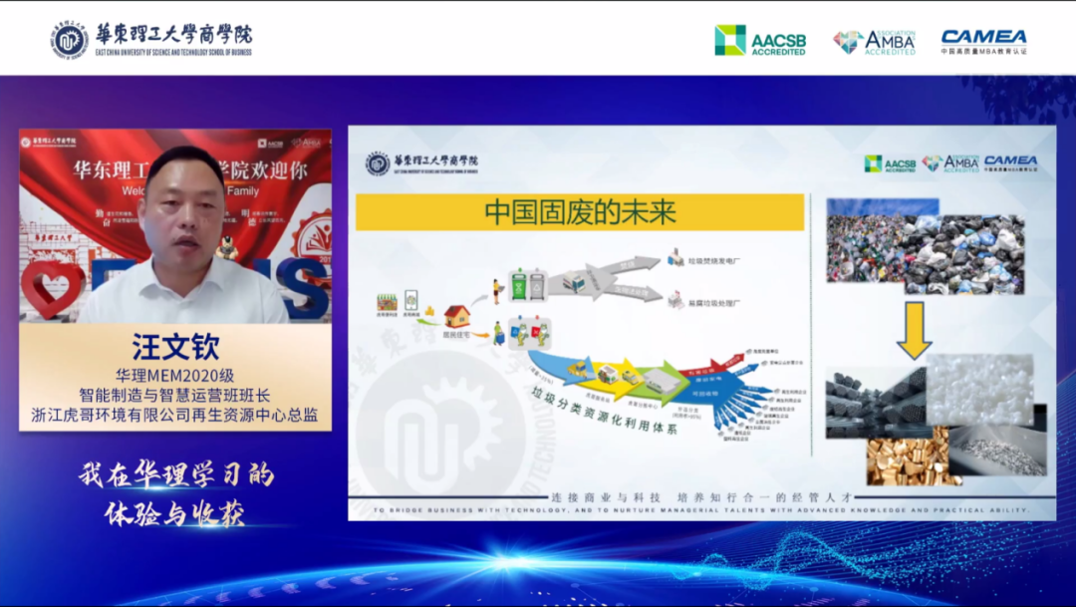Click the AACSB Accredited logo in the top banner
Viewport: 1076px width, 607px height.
[760, 40]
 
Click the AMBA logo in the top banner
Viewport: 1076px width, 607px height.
[874, 41]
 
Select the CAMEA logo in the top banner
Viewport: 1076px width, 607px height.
[983, 40]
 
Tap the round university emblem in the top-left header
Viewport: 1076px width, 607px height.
[70, 39]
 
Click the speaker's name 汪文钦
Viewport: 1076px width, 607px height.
[175, 347]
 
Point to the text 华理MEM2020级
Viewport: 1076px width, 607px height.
[175, 376]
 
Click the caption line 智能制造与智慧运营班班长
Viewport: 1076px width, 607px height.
[175, 395]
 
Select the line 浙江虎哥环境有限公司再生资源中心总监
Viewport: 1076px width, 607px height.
[175, 415]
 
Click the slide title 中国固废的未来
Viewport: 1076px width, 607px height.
[580, 212]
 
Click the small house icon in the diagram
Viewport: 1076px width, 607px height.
[457, 316]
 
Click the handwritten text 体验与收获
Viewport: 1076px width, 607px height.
[174, 513]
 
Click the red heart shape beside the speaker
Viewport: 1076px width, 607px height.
[50, 289]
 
